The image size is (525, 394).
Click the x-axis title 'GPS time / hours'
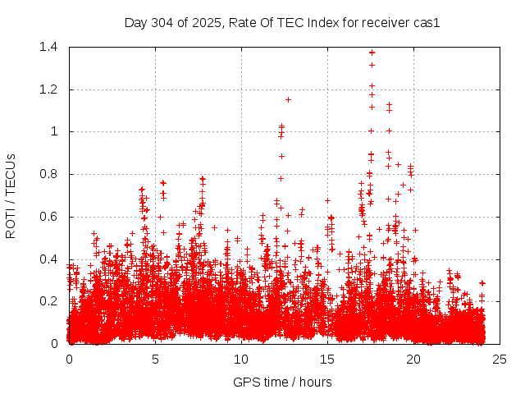pyautogui.click(x=282, y=382)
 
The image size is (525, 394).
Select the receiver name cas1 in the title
pyautogui.click(x=426, y=23)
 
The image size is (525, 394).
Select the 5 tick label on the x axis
pyautogui.click(x=155, y=359)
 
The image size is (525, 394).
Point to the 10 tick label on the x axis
pyautogui.click(x=241, y=359)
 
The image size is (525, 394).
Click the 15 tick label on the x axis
pyautogui.click(x=327, y=359)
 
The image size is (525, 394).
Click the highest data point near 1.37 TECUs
pyautogui.click(x=372, y=53)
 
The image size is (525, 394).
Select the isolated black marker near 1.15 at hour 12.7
pyautogui.click(x=288, y=99)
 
